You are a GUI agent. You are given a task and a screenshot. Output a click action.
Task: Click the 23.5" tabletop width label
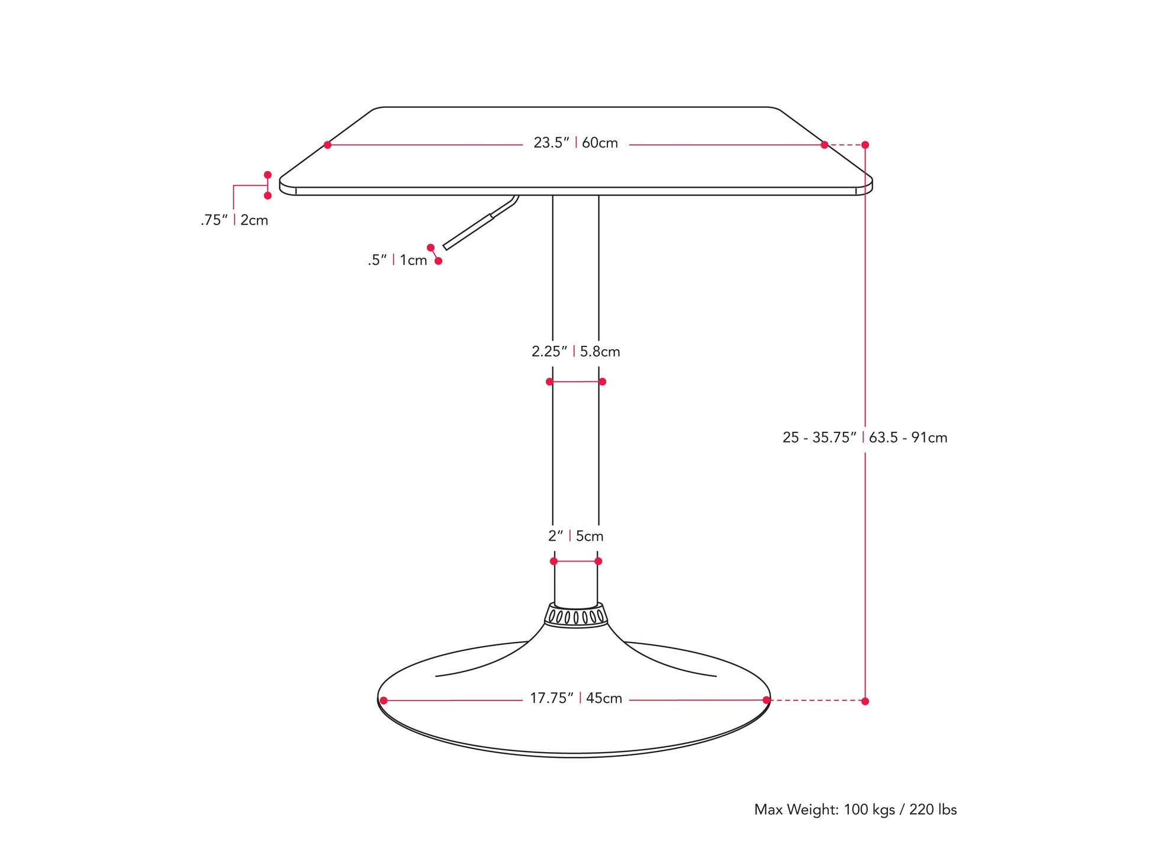(551, 143)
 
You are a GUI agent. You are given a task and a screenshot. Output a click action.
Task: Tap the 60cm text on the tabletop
(600, 143)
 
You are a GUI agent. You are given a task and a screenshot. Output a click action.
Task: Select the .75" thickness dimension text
(214, 220)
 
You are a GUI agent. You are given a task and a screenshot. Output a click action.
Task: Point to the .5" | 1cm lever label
(397, 260)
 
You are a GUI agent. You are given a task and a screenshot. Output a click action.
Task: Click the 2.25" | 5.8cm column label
(575, 352)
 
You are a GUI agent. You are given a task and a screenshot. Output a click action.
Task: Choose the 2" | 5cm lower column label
(575, 536)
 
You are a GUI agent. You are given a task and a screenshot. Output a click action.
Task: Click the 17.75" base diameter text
(551, 698)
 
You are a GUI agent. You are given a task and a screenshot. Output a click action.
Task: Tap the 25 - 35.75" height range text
(819, 438)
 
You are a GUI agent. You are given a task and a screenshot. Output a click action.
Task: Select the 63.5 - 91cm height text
(908, 438)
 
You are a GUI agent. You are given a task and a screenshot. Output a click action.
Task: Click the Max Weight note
(855, 810)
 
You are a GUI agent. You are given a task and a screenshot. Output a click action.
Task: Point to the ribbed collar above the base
(576, 616)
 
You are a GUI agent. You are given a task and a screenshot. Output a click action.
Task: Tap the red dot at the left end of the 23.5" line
(327, 144)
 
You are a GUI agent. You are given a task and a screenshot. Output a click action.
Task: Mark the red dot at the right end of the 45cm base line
(767, 700)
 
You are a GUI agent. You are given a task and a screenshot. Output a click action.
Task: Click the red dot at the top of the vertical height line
(865, 144)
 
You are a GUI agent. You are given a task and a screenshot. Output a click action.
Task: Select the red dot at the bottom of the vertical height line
(865, 701)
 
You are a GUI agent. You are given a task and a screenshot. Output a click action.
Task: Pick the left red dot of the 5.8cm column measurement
(549, 381)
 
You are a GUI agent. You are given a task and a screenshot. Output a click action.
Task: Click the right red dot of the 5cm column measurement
(598, 561)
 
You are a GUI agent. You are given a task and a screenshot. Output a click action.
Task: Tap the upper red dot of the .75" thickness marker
(268, 175)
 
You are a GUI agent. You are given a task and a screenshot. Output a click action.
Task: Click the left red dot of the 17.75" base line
(384, 701)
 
